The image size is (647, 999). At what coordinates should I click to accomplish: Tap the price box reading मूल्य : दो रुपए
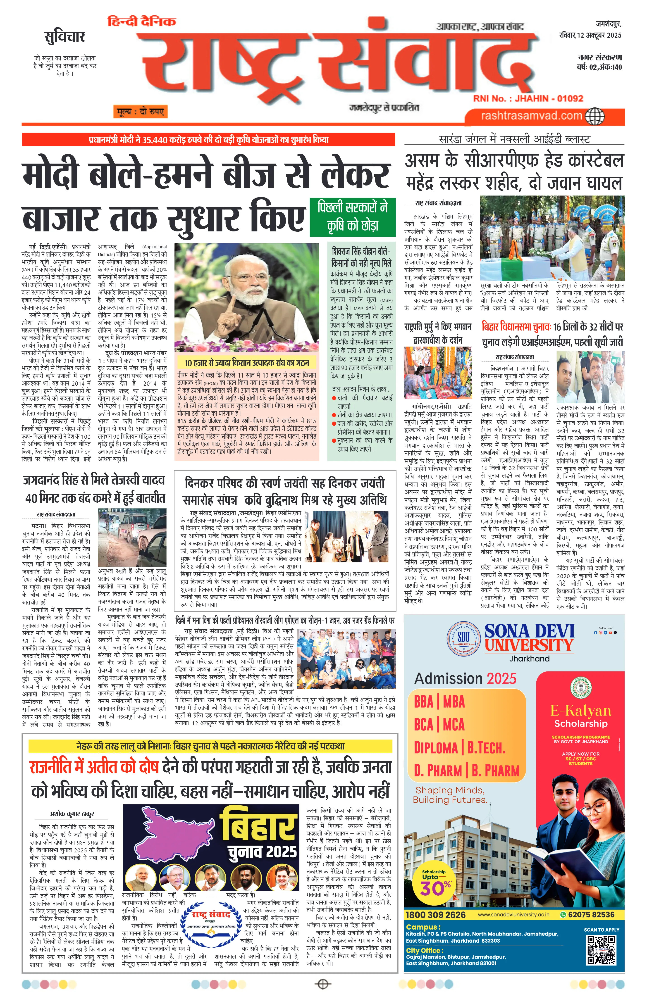coord(139,112)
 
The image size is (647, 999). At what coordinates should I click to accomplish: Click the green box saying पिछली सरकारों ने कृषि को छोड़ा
coord(353,216)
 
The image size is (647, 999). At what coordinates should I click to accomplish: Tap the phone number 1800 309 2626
coord(435,915)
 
